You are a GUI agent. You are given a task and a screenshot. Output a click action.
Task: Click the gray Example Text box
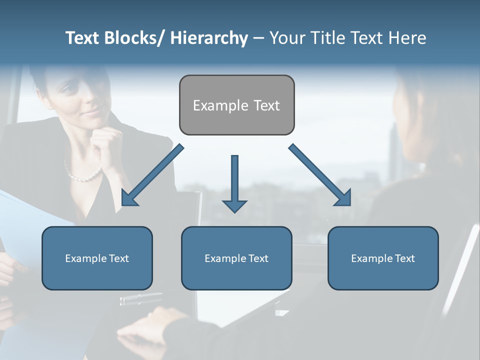(236, 105)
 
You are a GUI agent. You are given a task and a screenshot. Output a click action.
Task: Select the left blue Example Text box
(97, 258)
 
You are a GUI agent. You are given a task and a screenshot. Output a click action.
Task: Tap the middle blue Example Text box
(236, 258)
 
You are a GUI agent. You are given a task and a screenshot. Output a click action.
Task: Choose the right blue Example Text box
(383, 258)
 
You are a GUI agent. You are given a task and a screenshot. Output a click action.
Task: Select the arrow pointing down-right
(320, 175)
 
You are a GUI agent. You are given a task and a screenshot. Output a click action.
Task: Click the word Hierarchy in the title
(209, 38)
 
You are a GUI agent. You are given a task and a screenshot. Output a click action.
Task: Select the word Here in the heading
(407, 38)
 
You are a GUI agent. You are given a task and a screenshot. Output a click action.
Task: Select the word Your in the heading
(287, 38)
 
